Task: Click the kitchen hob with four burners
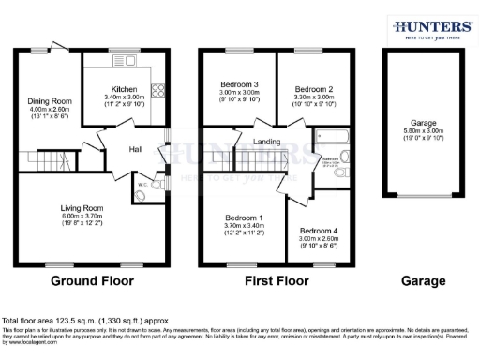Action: click(x=157, y=94)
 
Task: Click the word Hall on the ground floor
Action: click(x=135, y=150)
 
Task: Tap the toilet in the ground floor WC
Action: click(x=151, y=185)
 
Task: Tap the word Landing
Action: click(x=267, y=142)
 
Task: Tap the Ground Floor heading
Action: click(x=91, y=280)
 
